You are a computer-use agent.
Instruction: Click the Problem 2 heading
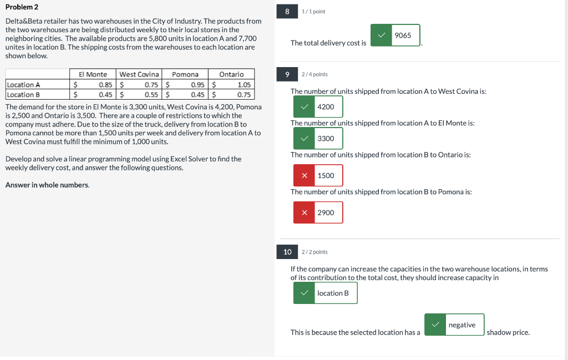(22, 7)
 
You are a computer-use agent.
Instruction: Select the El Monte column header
(93, 74)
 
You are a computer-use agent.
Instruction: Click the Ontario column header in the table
(231, 74)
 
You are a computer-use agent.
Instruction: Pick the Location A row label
(23, 85)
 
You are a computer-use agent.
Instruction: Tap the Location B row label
(23, 94)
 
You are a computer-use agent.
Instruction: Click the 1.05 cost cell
(244, 85)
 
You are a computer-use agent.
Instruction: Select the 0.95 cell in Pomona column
(197, 85)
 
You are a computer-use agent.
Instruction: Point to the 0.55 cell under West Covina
(151, 94)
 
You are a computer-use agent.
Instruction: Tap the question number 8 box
(287, 11)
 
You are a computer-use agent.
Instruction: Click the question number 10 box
(287, 252)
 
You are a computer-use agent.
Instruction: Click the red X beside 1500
(305, 175)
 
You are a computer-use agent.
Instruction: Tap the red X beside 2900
(305, 212)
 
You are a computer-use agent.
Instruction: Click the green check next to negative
(435, 324)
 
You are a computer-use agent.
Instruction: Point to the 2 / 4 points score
(315, 74)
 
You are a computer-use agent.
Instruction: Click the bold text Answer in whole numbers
(47, 185)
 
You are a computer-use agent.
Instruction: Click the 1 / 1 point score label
(313, 11)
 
